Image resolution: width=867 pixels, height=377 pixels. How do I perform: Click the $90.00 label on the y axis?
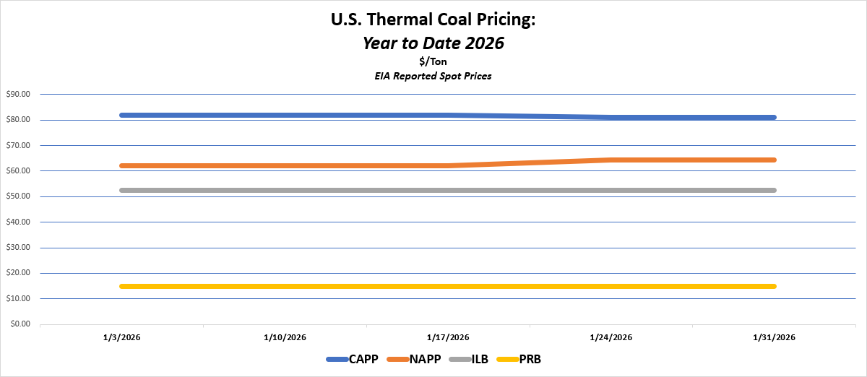click(x=19, y=94)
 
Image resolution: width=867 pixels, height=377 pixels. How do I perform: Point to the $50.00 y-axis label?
click(x=19, y=196)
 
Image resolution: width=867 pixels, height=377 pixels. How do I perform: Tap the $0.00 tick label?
click(x=21, y=324)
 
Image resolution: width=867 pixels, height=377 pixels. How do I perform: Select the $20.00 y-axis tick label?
click(x=19, y=273)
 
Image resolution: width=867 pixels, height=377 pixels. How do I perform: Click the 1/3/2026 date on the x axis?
click(x=122, y=337)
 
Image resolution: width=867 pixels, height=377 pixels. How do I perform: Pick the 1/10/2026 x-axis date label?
click(x=285, y=337)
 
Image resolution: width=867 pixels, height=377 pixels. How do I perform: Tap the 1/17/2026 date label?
click(x=448, y=337)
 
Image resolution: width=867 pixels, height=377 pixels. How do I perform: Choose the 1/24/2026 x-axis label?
click(x=611, y=337)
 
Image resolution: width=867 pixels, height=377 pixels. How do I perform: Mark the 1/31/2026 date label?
click(x=775, y=337)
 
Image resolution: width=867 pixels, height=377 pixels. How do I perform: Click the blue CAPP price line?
click(x=289, y=115)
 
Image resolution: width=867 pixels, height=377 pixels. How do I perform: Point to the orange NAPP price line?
click(x=289, y=165)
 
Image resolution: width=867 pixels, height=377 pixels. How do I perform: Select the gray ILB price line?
click(x=289, y=190)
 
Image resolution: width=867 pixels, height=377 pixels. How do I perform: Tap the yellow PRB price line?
click(x=289, y=286)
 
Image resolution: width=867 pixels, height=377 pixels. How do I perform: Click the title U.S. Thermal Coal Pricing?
click(x=433, y=20)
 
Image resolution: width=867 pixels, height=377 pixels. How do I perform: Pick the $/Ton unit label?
click(x=433, y=61)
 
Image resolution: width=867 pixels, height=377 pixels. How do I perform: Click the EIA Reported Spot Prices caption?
click(x=433, y=76)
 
